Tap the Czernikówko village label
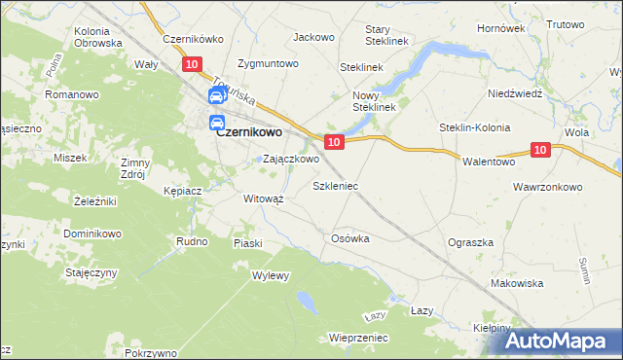pos(194,40)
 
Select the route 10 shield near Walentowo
pos(542,149)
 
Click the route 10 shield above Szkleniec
pos(334,142)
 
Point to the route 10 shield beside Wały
pos(192,64)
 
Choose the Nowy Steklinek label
pos(373,101)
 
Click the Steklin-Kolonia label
pos(475,127)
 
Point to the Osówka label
pos(350,238)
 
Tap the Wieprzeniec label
pos(359,338)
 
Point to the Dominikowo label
pos(92,234)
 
